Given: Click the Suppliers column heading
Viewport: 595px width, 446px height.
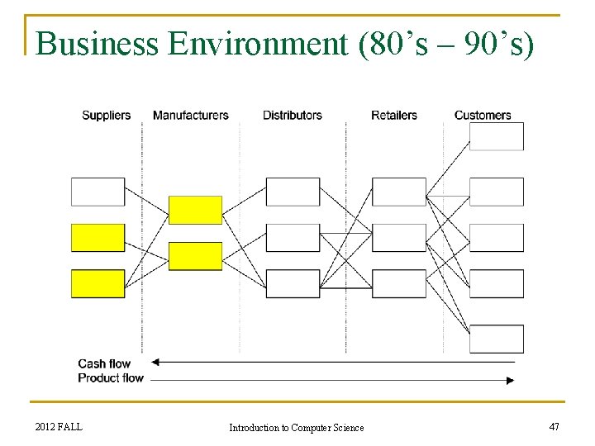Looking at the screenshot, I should coord(106,116).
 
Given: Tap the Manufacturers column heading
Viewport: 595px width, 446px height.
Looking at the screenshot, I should coord(190,116).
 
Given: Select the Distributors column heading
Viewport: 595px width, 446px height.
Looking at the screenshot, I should coord(292,116).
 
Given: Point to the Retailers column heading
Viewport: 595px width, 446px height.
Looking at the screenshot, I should coord(393,116).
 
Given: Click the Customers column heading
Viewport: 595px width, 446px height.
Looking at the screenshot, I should coord(483,116).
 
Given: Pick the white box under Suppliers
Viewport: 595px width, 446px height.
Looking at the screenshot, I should coord(98,192).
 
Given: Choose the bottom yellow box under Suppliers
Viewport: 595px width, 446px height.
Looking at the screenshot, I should coord(98,283).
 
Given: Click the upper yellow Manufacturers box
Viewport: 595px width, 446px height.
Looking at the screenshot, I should coord(195,210).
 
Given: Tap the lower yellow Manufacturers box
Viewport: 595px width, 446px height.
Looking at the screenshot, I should coord(195,256).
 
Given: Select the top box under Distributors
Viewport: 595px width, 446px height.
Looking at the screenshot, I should coord(293,192).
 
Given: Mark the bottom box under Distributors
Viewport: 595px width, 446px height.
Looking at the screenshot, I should coord(293,283).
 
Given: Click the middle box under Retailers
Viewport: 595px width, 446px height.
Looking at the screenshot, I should coord(398,238).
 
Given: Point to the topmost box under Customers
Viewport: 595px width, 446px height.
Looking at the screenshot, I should coord(497,136).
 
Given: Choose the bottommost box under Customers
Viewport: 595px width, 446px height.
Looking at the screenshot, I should coord(497,339).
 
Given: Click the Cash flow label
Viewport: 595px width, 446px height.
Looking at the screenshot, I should coord(104,363).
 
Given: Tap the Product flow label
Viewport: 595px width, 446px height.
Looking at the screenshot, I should coord(111,378).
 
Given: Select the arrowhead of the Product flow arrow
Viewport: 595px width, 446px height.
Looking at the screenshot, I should coord(510,380).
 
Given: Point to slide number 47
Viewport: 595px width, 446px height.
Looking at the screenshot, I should coord(554,426).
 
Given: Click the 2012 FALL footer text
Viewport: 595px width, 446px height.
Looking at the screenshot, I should coord(59,426).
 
